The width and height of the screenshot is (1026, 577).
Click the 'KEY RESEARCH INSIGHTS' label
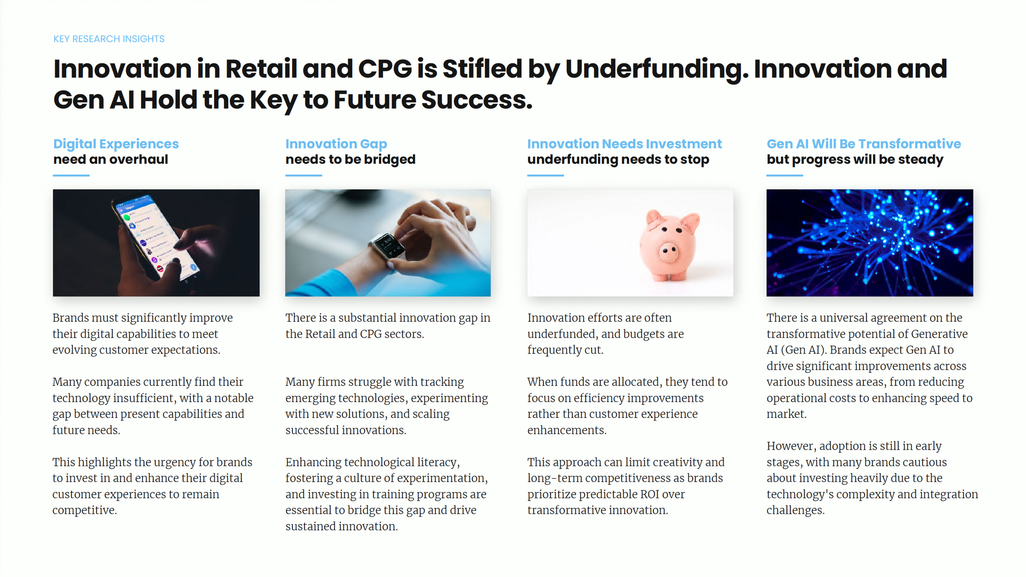coord(109,39)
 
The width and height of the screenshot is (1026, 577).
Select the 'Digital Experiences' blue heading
coord(116,144)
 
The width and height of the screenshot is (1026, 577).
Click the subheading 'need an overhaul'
coord(111,159)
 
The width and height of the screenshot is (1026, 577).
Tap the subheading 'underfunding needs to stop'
coord(618,159)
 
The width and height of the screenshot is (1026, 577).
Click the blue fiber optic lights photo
coord(870,243)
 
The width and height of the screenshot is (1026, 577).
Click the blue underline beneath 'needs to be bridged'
coord(303,175)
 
